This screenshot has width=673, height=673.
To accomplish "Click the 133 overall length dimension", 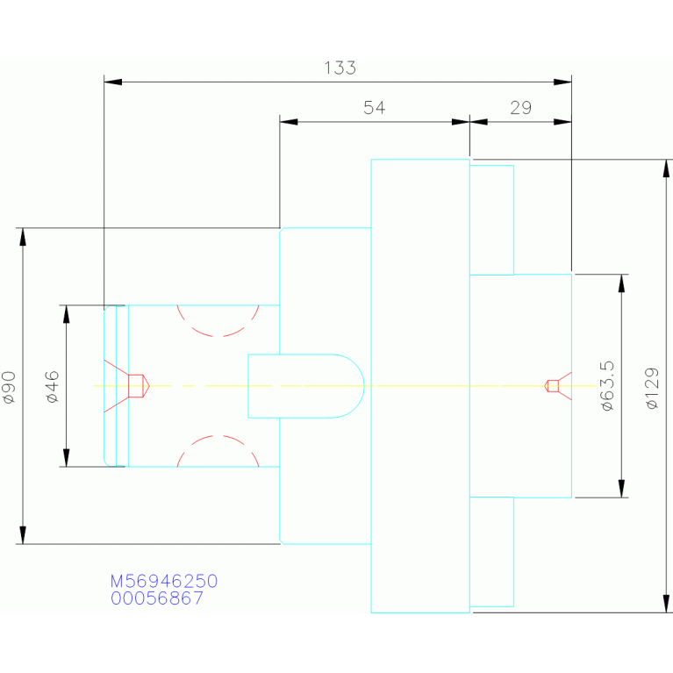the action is point(340,68).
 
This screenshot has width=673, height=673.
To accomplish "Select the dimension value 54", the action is point(375,108).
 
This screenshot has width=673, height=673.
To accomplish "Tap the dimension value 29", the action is point(520,108).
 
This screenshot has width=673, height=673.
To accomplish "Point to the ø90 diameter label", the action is point(9,387).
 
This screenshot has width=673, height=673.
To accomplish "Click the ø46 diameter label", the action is point(52,387).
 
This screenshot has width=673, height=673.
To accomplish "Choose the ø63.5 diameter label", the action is point(607,386).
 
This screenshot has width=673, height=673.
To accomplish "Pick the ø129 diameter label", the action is point(652,388).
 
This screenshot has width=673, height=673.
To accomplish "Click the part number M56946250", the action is point(164,581).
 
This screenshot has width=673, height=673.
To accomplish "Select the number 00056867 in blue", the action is point(157,598).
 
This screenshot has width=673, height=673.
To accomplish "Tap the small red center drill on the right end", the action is point(558,386).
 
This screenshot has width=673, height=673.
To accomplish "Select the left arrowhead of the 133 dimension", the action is point(113,82).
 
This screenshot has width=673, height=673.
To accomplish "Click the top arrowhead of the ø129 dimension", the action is point(666,168).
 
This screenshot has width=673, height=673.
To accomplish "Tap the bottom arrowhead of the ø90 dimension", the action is point(23,535).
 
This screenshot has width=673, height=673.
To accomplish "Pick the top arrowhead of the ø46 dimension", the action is point(66,314).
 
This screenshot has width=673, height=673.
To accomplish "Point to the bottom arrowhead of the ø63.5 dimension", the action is point(622,489).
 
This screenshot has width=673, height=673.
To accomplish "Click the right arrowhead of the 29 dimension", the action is point(562,122).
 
